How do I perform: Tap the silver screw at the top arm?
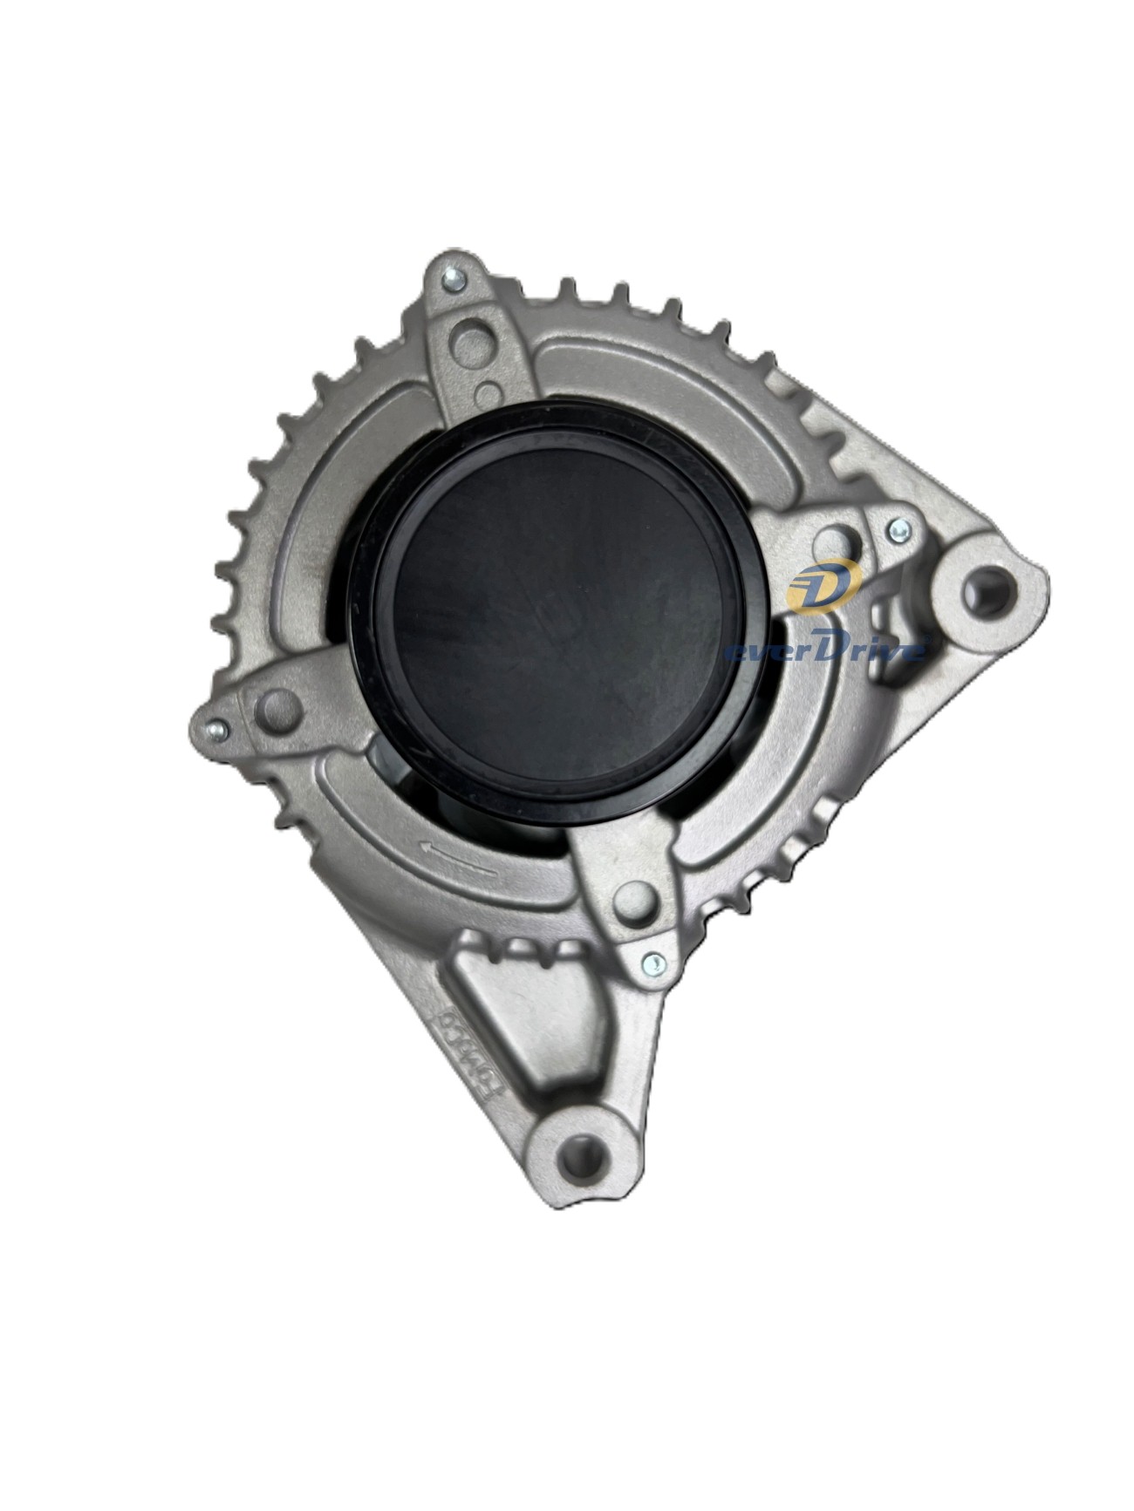coord(453,280)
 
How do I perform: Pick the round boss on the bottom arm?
coord(633,901)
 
